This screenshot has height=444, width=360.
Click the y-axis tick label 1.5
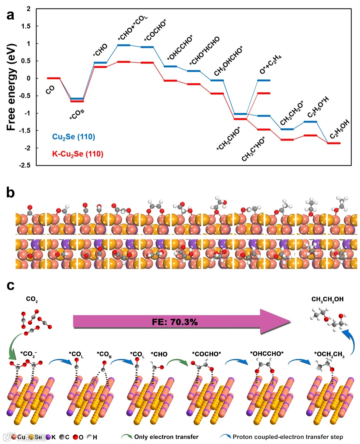tap(26, 26)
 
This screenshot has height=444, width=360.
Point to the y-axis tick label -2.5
tap(25, 165)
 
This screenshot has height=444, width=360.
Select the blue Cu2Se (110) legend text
tap(74, 137)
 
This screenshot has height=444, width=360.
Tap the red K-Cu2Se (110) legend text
tap(78, 154)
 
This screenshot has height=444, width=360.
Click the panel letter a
tap(10, 15)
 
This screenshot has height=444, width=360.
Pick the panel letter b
tap(10, 193)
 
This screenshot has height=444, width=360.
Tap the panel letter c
tap(10, 285)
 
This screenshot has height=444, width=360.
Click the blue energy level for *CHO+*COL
tap(124, 45)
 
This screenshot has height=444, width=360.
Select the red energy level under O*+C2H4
tap(264, 93)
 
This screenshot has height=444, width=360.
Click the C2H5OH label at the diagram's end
tap(340, 129)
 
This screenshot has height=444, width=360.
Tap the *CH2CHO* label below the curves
tap(228, 139)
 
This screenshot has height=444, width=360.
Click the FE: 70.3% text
tap(175, 322)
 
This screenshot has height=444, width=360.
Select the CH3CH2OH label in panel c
tap(327, 299)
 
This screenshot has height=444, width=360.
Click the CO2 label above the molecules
tap(32, 299)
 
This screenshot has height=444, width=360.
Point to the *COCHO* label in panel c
tap(206, 354)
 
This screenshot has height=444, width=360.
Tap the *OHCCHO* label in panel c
tap(267, 354)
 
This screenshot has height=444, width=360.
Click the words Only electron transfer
tap(166, 437)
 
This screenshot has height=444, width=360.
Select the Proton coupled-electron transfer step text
tap(288, 437)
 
